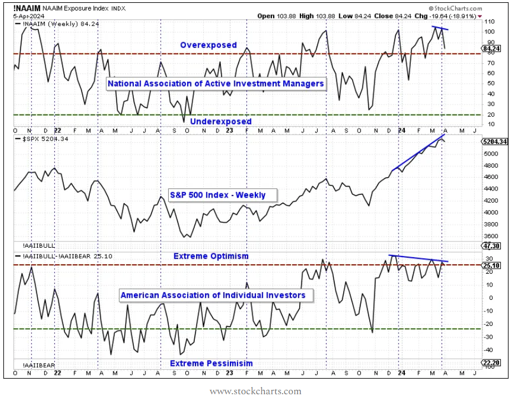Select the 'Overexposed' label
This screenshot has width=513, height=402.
(x=208, y=45)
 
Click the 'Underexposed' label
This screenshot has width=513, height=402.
(x=220, y=121)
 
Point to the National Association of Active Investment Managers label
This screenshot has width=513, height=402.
(x=215, y=83)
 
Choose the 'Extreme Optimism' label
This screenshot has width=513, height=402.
(x=211, y=256)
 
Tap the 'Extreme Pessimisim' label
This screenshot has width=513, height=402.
(x=211, y=363)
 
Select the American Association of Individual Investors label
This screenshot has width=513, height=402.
(x=213, y=295)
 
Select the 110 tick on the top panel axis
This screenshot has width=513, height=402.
(x=489, y=21)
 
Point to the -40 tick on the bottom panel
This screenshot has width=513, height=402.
(x=489, y=350)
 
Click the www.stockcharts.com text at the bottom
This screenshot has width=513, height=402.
(x=255, y=391)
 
